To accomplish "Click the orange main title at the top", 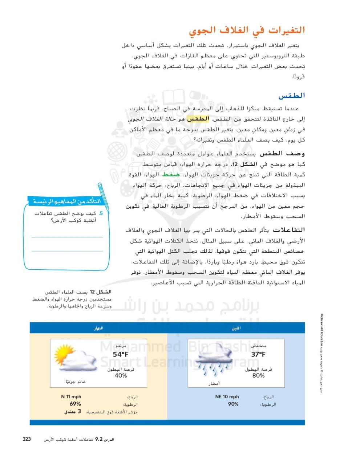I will tap(247, 30).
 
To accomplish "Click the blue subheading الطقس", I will tap(291, 96).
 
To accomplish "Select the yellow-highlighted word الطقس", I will tap(198, 119).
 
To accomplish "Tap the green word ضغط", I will tap(171, 175).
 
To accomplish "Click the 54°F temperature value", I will tap(121, 354).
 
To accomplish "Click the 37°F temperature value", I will tap(258, 354).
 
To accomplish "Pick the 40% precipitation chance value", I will tap(121, 376).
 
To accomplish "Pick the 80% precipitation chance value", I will tap(258, 376).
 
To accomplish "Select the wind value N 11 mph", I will tap(71, 397).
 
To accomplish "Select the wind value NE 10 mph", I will tap(227, 397).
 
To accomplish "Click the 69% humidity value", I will tap(75, 404).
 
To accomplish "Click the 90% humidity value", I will tap(233, 404).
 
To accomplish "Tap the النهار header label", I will tap(98, 328).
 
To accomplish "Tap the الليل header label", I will tap(236, 328).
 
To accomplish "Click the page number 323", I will tap(27, 439).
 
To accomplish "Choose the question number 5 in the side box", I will tap(101, 213).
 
